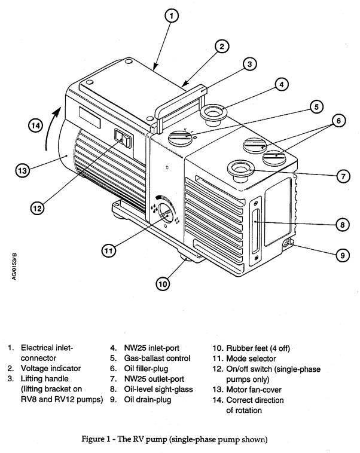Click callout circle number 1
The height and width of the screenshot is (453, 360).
point(172,17)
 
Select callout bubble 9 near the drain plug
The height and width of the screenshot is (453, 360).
point(341,255)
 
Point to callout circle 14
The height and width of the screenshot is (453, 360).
point(36,126)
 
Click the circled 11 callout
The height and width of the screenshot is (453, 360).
point(108,251)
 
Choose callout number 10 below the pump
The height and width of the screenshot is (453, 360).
point(163,284)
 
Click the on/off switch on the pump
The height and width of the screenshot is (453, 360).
point(123,140)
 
